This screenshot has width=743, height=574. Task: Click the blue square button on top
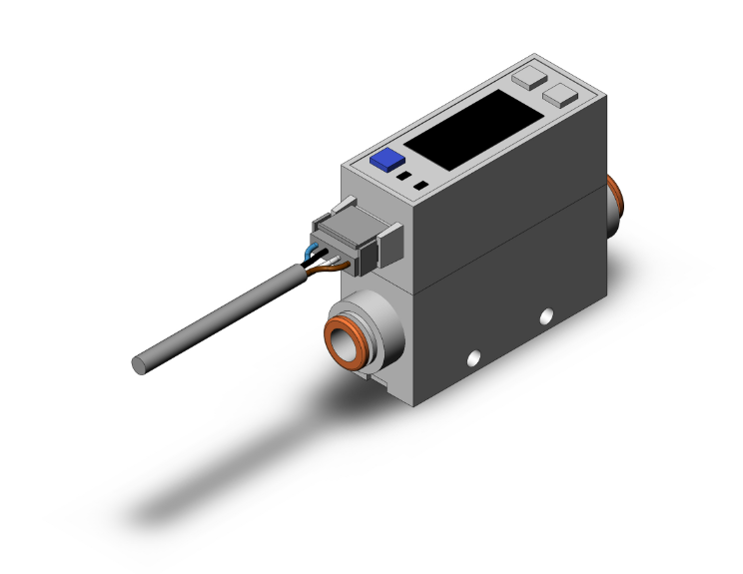click(x=385, y=160)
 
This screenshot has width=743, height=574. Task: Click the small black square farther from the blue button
click(x=420, y=186)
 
